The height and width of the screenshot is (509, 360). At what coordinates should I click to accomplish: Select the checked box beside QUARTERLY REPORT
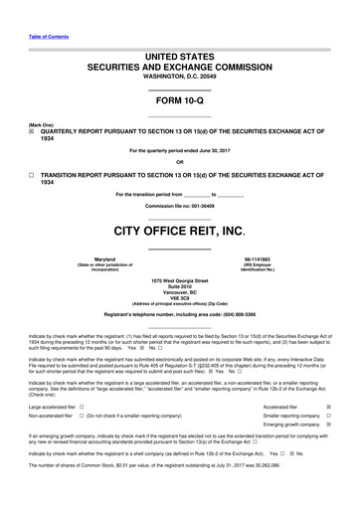(32, 128)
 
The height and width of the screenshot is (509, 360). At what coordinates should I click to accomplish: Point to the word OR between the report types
(179, 162)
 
